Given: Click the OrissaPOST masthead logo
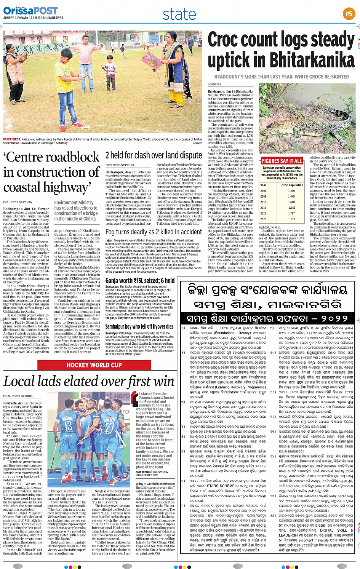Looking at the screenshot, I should (31, 11).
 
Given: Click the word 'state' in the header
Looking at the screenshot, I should (179, 14).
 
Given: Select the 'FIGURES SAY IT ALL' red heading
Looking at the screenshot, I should (282, 161).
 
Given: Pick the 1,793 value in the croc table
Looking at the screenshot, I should (291, 219).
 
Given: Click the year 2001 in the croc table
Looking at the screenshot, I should (263, 191).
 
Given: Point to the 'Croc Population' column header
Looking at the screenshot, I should (292, 185).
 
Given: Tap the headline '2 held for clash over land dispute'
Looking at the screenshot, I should (154, 155).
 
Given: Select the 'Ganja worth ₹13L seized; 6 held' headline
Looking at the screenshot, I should (140, 281).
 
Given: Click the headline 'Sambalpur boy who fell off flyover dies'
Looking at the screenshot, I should (139, 326).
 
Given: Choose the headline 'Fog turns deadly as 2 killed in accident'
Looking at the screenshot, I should (154, 232).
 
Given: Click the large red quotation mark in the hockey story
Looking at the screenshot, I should (134, 398).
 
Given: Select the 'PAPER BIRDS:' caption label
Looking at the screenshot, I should (12, 140).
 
